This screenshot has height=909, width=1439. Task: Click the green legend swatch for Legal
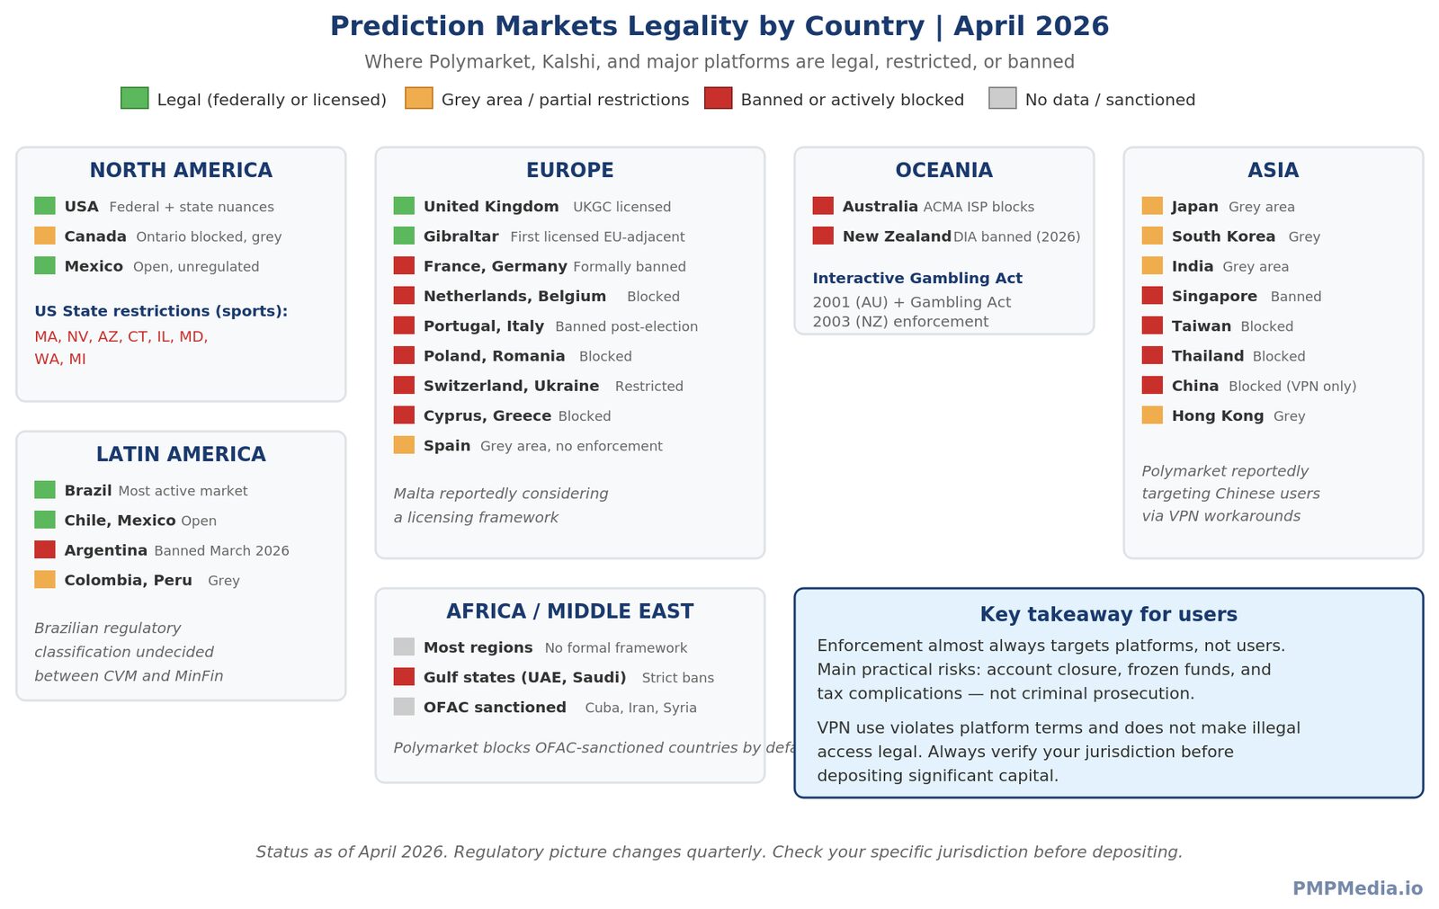click(x=134, y=98)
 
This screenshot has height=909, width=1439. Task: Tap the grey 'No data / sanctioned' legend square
click(x=1002, y=98)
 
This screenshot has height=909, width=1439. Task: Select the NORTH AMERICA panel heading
click(x=181, y=170)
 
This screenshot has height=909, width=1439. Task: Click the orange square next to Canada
click(x=45, y=236)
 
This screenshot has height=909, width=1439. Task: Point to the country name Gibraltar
click(x=460, y=236)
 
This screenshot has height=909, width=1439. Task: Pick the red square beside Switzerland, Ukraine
click(x=404, y=385)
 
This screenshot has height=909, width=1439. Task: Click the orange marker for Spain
click(x=404, y=445)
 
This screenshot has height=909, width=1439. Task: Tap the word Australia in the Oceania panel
click(x=880, y=207)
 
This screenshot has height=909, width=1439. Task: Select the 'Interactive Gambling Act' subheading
click(x=917, y=279)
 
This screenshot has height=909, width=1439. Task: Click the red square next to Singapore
click(x=1152, y=295)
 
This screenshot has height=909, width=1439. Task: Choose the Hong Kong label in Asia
click(x=1217, y=415)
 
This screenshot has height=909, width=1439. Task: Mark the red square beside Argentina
click(x=45, y=549)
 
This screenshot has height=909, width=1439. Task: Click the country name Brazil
click(x=87, y=490)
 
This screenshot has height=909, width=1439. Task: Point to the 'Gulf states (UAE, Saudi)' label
click(x=524, y=677)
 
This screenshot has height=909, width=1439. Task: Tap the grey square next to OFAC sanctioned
click(x=404, y=707)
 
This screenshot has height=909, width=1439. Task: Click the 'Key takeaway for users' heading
click(x=1108, y=614)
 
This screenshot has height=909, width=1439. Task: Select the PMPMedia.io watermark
click(x=1357, y=888)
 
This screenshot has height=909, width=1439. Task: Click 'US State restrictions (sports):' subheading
click(x=161, y=311)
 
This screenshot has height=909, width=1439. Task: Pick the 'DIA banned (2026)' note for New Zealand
click(x=1016, y=236)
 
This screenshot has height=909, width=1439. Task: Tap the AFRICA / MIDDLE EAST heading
click(x=569, y=611)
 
